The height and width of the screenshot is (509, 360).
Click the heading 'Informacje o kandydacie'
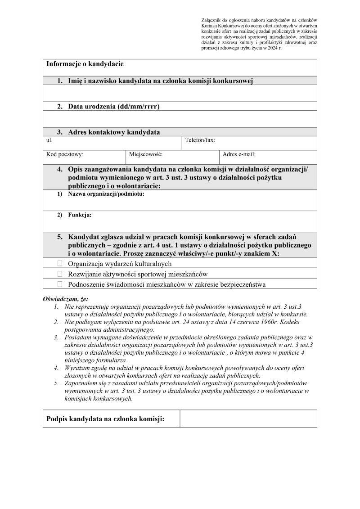point(85,64)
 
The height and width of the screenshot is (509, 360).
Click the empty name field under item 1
point(180,94)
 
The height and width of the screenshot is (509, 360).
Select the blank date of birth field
point(180,119)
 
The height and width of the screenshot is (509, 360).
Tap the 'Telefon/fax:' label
point(200,140)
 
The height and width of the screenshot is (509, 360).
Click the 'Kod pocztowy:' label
point(65,154)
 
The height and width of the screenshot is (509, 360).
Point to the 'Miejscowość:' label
point(145,154)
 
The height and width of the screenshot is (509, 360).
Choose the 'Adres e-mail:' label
point(239,154)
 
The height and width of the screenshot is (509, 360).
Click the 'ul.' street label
point(49,140)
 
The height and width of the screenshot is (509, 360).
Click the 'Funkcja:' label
point(80,215)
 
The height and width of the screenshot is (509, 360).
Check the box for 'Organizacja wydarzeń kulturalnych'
point(60,263)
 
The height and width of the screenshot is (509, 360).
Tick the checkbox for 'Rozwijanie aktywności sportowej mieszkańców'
point(60,274)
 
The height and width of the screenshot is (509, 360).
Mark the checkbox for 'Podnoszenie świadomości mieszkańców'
point(60,284)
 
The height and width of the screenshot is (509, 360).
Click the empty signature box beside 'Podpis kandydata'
point(248,419)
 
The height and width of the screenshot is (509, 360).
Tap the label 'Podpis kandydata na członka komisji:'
point(105,419)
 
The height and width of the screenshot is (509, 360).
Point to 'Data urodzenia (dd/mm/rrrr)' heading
point(114,107)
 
